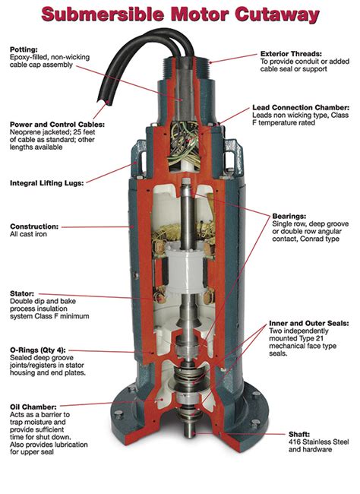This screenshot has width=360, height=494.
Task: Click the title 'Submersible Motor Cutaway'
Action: click(x=180, y=14)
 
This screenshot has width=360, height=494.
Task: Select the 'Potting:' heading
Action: click(x=24, y=47)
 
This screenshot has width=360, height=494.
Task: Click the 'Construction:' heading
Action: click(x=34, y=226)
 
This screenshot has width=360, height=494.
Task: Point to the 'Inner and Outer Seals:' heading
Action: click(x=309, y=323)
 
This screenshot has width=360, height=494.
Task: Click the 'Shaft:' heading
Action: click(x=298, y=432)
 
